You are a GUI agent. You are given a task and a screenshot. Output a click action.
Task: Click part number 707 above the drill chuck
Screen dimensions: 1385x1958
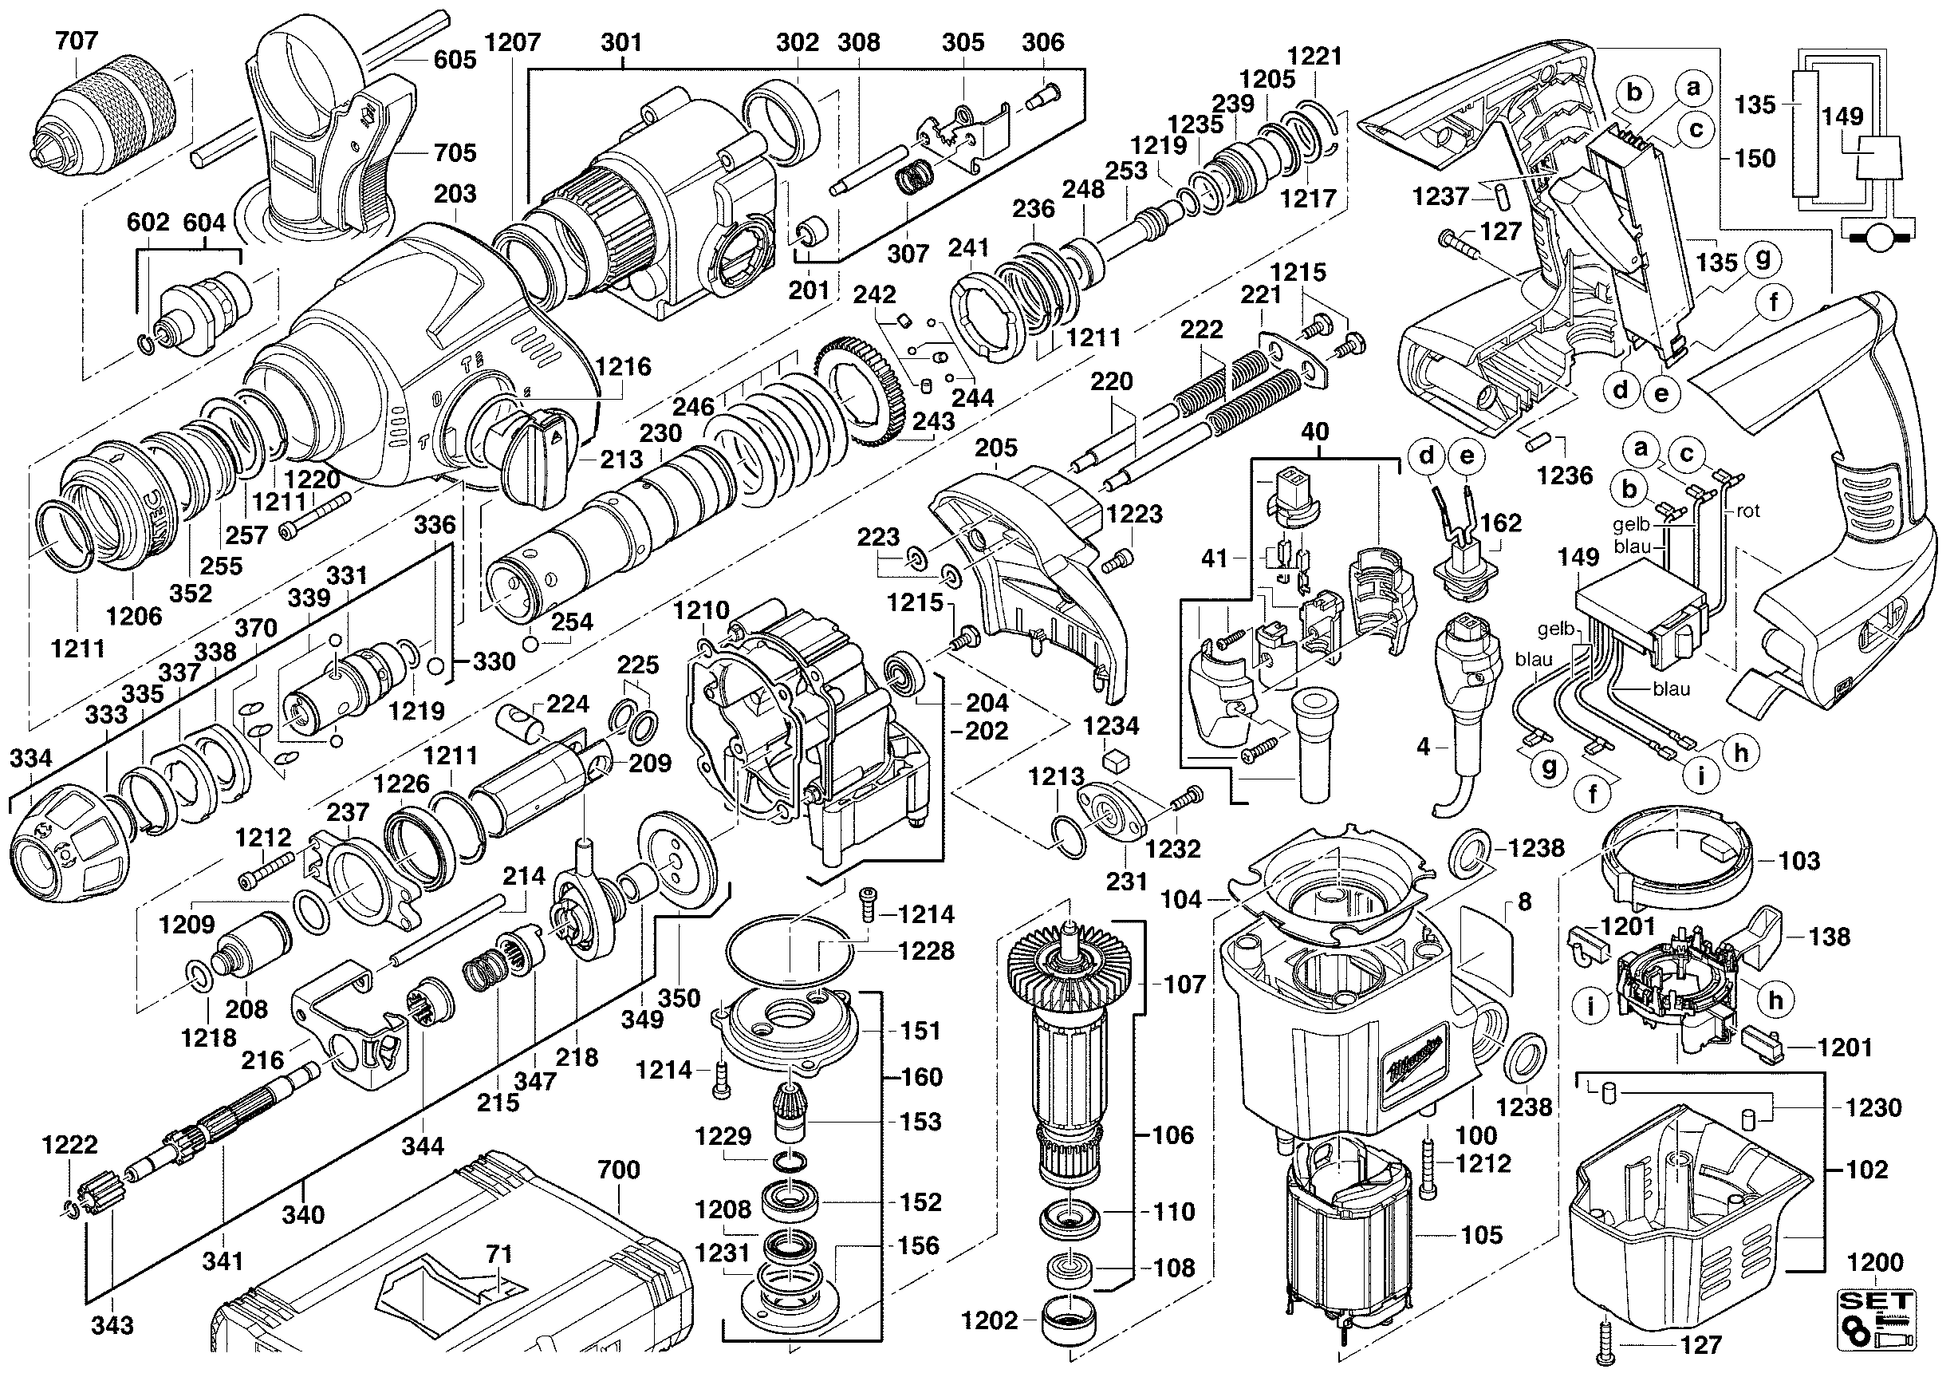[77, 40]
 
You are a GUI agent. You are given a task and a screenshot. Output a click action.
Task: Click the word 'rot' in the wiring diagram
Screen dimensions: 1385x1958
[1747, 511]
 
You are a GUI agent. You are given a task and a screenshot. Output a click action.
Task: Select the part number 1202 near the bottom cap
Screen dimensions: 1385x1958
[989, 1320]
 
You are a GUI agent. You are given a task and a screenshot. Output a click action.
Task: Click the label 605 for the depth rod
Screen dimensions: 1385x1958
[455, 59]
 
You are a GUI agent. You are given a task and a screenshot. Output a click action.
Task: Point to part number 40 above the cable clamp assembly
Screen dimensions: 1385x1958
[1314, 432]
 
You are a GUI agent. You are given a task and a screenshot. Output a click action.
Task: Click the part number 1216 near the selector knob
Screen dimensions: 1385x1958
[623, 367]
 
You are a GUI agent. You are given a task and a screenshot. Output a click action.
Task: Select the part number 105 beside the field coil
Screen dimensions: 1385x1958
[1481, 1234]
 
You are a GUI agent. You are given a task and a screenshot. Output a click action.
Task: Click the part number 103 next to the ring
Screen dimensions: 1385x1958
[1798, 861]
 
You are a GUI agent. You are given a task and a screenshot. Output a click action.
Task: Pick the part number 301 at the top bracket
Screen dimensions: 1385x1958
[620, 41]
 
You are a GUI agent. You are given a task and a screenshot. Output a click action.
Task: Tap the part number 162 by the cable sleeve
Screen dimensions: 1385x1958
[1501, 522]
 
